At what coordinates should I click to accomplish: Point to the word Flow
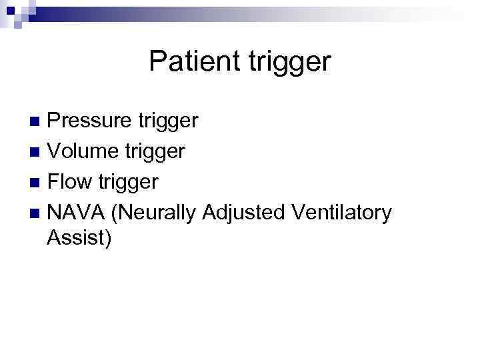tap(71, 182)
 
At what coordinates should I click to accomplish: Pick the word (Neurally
tap(154, 213)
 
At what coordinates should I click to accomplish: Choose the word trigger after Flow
tap(127, 183)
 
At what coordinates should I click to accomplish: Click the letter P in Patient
tap(157, 61)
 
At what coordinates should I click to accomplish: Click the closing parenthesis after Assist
tap(108, 238)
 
